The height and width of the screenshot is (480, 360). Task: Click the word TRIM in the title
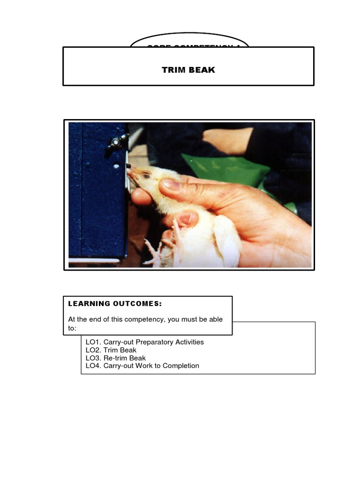pos(173,70)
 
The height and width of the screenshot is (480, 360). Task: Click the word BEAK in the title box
pos(202,70)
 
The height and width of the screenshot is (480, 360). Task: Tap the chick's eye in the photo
pos(146,175)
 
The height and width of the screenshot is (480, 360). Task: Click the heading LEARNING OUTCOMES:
pos(115,304)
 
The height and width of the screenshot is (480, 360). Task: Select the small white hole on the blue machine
pos(116,165)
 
